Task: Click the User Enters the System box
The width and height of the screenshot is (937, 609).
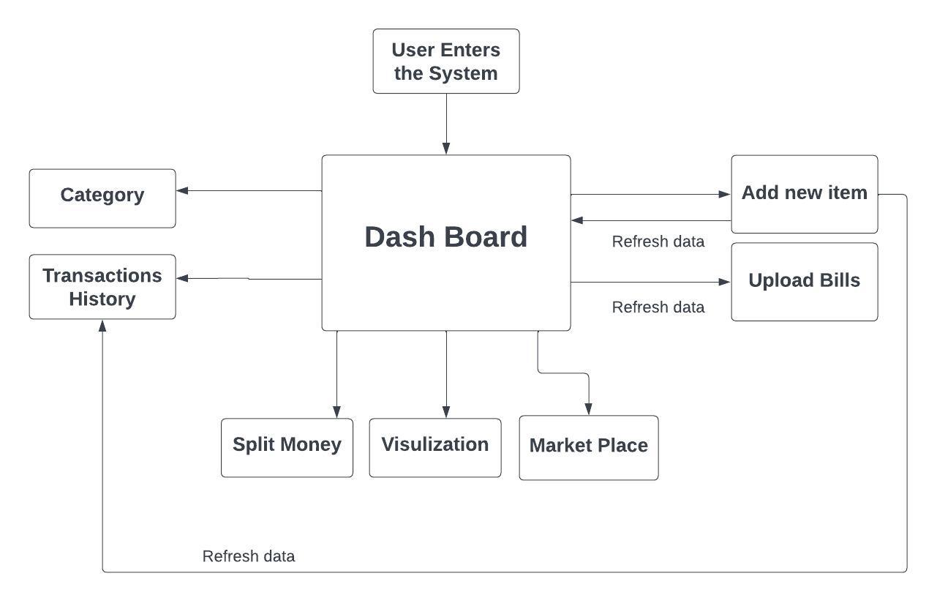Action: [446, 61]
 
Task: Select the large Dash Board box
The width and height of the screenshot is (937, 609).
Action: [446, 242]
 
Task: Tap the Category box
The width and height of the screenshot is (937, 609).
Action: [102, 198]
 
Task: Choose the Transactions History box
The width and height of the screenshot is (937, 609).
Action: [102, 287]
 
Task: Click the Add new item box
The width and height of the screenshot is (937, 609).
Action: [805, 194]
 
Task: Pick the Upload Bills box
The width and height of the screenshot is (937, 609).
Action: [805, 282]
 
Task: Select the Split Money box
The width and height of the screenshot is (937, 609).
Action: [287, 447]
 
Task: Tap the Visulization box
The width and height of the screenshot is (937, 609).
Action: [435, 447]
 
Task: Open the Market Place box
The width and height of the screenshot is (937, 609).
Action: [589, 448]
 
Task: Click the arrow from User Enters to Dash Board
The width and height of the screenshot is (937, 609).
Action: [446, 124]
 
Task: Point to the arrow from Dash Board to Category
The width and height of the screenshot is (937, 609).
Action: [249, 191]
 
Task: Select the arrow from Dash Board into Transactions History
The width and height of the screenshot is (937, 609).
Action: [249, 278]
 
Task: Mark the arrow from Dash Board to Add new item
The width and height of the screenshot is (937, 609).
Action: [651, 195]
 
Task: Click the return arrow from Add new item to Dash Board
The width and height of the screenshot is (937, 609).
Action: [651, 220]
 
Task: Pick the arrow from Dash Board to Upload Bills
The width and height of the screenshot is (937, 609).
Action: [651, 282]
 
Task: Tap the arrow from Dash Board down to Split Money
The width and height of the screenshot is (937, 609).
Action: [336, 374]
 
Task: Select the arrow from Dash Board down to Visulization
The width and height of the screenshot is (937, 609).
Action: [446, 374]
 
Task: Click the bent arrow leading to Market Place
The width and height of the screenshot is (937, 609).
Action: [564, 373]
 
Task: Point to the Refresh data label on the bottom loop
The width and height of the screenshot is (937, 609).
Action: [249, 556]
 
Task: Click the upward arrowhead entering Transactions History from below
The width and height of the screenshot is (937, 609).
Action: [102, 326]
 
